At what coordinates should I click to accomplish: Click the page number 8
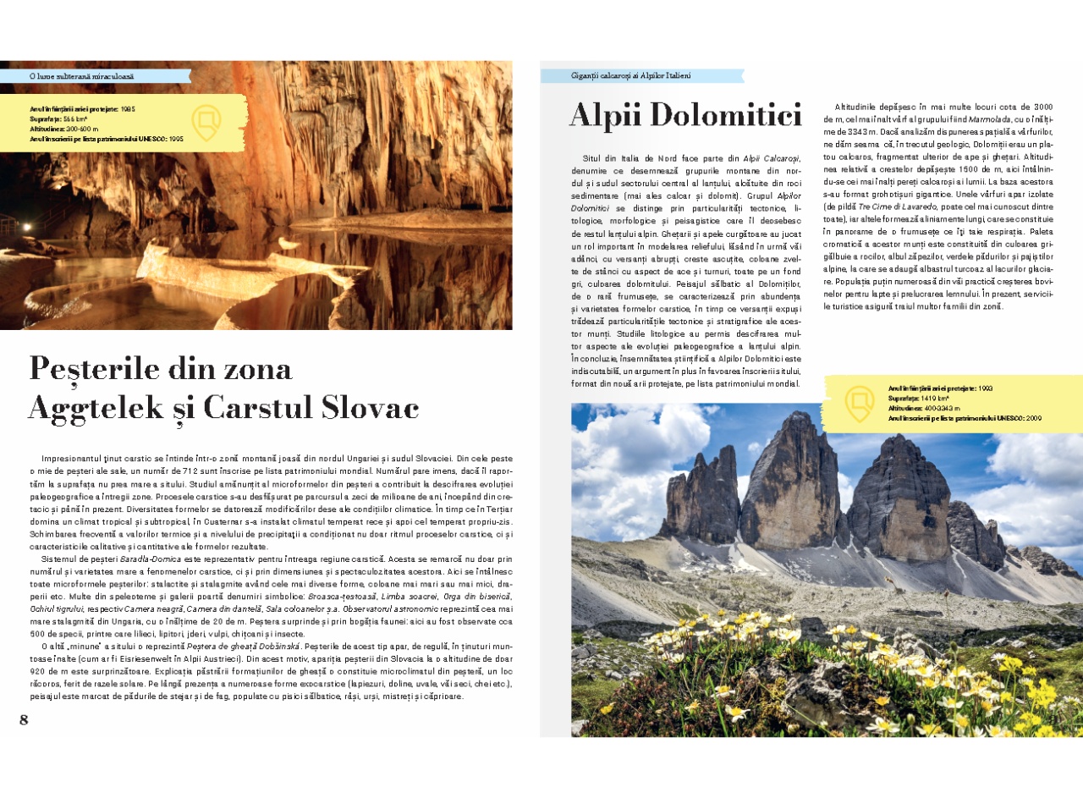click(x=24, y=720)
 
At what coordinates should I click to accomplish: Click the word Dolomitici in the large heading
click(x=719, y=115)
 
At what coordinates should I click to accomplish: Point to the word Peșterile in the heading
click(x=94, y=369)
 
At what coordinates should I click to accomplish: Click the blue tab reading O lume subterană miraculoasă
click(x=81, y=76)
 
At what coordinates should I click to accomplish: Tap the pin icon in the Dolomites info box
click(x=860, y=404)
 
